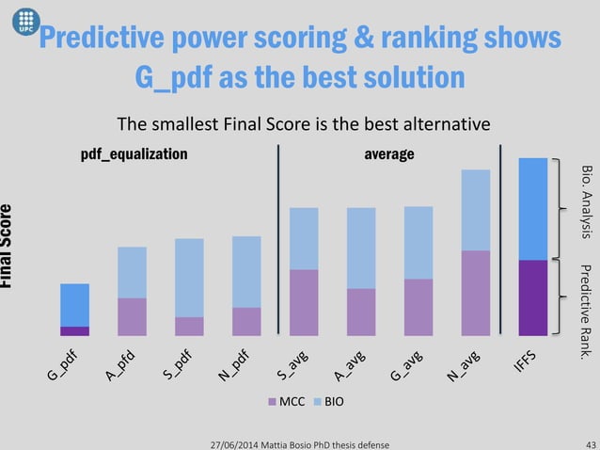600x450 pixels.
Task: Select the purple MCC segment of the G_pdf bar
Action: [x=74, y=330]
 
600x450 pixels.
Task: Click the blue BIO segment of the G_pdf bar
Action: [x=74, y=305]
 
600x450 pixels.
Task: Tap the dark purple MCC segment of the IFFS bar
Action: [x=533, y=297]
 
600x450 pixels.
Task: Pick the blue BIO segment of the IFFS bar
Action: [x=533, y=208]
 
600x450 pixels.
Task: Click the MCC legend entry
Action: [x=283, y=402]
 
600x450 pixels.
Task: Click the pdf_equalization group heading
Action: [x=134, y=153]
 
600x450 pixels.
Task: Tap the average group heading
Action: [x=388, y=153]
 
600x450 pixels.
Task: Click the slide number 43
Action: [x=590, y=443]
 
